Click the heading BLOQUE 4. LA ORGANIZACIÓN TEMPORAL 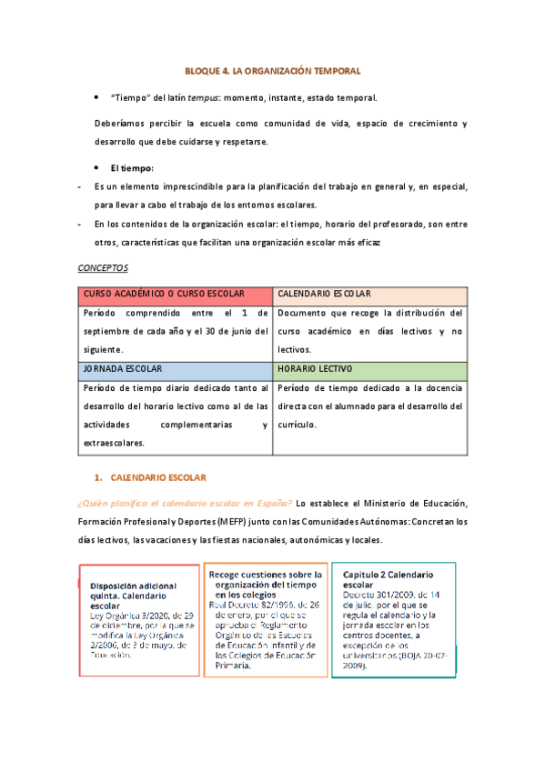point(273,70)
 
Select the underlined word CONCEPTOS point(103,269)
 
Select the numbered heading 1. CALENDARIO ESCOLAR point(152,477)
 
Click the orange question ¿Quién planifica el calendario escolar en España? point(184,504)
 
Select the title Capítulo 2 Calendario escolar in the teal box point(388,580)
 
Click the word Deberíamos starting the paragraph point(120,124)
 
